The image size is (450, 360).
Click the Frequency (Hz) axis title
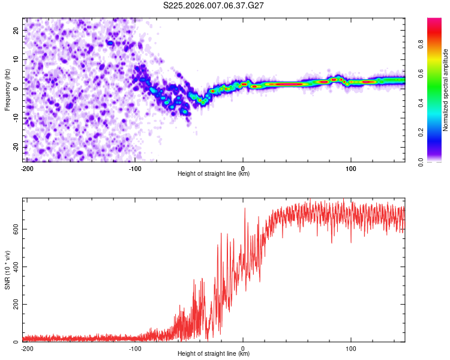7,89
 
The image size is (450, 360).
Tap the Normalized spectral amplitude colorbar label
446,90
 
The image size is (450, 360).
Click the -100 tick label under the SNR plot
134,349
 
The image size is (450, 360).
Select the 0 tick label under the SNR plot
243,349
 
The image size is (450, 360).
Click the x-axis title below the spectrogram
214,174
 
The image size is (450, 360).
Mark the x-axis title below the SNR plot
214,354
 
